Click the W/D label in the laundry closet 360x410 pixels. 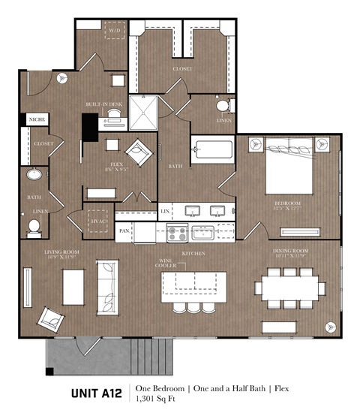click(x=115, y=31)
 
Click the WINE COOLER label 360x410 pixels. click(x=166, y=264)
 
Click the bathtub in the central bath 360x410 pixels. click(x=212, y=148)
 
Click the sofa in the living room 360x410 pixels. click(x=107, y=285)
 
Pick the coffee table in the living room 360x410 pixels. click(x=73, y=286)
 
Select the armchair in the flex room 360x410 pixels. click(x=139, y=152)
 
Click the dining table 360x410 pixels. click(x=289, y=288)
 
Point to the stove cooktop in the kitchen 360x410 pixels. click(x=177, y=233)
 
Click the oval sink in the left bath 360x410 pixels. click(x=34, y=175)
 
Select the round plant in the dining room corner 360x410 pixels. click(x=328, y=327)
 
